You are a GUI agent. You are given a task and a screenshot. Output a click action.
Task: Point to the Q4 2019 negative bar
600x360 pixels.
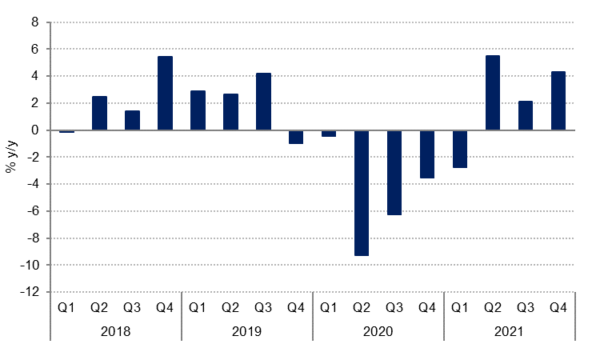(x=296, y=137)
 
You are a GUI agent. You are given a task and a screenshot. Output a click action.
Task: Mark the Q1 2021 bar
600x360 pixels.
(x=460, y=149)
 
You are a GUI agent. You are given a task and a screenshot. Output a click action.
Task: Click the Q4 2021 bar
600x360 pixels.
(x=558, y=101)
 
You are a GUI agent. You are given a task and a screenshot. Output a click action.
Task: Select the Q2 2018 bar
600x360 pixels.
(x=99, y=113)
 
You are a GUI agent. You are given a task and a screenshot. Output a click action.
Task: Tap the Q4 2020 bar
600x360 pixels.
(x=427, y=154)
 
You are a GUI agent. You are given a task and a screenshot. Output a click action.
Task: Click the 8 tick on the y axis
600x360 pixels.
(x=34, y=22)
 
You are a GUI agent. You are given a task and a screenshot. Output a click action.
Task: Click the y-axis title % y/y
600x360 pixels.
(x=11, y=157)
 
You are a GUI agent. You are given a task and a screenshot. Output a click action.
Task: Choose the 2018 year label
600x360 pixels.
(x=115, y=330)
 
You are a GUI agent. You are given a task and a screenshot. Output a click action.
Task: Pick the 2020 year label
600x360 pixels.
(x=378, y=330)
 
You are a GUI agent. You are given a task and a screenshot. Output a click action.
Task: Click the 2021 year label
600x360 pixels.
(x=509, y=330)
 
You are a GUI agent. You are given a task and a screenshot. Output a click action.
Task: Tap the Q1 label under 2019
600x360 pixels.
(x=198, y=307)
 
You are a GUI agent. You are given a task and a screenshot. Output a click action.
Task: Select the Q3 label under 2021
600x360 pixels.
(x=526, y=307)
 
